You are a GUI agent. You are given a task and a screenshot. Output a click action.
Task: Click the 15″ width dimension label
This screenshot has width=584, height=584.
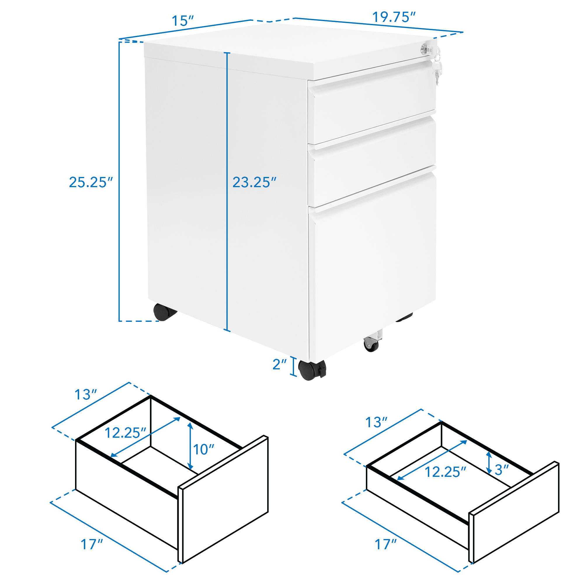click(182, 21)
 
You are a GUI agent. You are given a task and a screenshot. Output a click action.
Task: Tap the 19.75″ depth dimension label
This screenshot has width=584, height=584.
click(394, 17)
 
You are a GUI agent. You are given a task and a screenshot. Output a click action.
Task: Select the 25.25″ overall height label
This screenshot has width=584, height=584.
click(91, 182)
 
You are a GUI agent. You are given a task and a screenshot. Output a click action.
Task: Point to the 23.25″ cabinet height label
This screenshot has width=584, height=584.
click(254, 182)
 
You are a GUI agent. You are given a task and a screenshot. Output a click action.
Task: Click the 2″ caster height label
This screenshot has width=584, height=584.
click(279, 364)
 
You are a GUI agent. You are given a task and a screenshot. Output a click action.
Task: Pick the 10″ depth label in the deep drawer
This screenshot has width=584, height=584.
click(204, 449)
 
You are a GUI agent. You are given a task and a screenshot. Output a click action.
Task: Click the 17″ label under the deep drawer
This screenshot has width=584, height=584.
click(92, 544)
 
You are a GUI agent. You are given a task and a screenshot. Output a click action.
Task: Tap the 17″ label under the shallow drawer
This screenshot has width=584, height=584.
click(386, 544)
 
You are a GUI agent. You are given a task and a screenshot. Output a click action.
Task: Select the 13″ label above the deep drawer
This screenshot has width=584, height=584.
click(86, 394)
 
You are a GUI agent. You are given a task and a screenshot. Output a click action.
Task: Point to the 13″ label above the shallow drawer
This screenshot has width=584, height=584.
click(376, 422)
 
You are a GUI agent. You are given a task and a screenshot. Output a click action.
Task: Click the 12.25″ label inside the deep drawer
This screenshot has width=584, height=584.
click(126, 433)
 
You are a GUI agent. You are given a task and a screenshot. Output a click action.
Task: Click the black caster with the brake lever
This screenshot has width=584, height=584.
click(312, 369)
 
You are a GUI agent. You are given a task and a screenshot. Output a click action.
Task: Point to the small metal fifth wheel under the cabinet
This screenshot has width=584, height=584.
click(372, 340)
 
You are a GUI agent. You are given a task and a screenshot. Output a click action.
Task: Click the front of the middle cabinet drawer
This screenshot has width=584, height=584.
click(371, 162)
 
